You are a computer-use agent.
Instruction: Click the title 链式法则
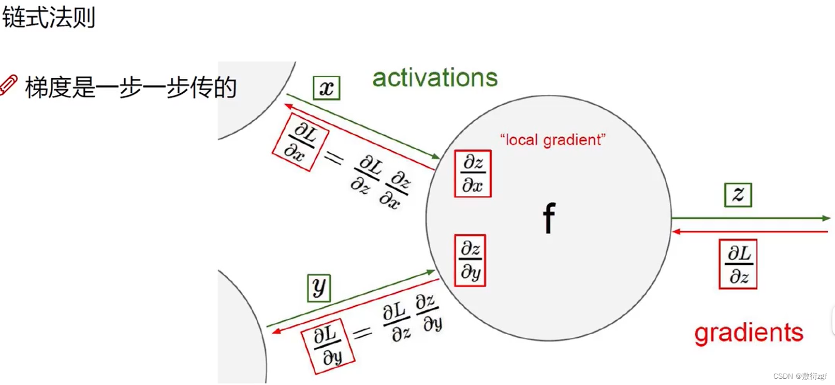(x=49, y=17)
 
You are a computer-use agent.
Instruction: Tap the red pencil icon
(x=9, y=85)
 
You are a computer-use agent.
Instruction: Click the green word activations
(x=435, y=78)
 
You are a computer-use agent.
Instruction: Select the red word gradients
(x=749, y=333)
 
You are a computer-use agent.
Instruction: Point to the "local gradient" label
(x=552, y=140)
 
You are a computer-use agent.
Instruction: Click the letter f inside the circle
(x=549, y=218)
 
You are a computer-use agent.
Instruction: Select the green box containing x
(x=327, y=88)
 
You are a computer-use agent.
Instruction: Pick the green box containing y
(x=319, y=288)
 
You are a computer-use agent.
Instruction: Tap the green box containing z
(x=738, y=195)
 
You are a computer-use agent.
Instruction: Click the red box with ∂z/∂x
(x=473, y=174)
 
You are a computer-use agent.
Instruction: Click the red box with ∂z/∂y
(x=470, y=260)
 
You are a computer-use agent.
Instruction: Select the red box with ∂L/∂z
(x=738, y=264)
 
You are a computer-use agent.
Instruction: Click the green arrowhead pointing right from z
(x=826, y=218)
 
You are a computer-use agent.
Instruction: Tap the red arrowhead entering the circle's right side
(x=676, y=232)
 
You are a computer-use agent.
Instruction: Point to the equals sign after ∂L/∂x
(x=334, y=158)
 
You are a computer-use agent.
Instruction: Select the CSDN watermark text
(x=800, y=376)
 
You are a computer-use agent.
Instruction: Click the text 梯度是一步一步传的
(x=130, y=87)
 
